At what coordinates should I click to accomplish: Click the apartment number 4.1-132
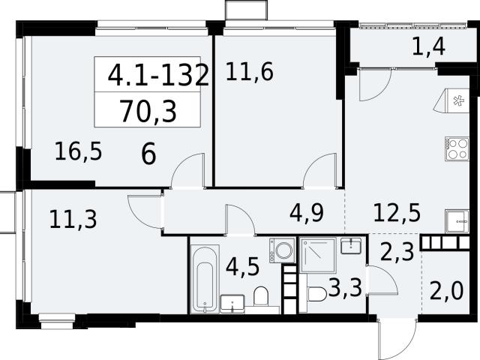(158, 75)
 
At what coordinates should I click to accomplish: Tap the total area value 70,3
(148, 112)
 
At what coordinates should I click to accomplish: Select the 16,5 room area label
(78, 151)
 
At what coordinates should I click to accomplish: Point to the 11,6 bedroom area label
(250, 72)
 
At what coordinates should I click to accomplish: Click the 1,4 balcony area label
(428, 47)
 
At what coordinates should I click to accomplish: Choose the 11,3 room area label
(73, 219)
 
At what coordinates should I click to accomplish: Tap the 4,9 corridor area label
(307, 213)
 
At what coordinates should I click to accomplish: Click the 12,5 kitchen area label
(397, 212)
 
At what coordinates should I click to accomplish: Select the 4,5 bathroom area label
(242, 267)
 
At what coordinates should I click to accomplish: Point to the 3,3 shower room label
(345, 288)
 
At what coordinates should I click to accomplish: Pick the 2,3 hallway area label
(397, 252)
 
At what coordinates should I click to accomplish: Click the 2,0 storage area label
(446, 291)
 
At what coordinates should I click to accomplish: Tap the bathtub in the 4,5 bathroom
(205, 279)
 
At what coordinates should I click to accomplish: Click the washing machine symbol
(282, 250)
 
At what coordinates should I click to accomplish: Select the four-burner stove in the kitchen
(457, 148)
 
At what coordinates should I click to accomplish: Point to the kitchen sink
(457, 221)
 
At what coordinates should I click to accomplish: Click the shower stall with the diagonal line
(318, 255)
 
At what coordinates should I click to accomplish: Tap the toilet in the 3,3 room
(315, 294)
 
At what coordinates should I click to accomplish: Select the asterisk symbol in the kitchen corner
(458, 100)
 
